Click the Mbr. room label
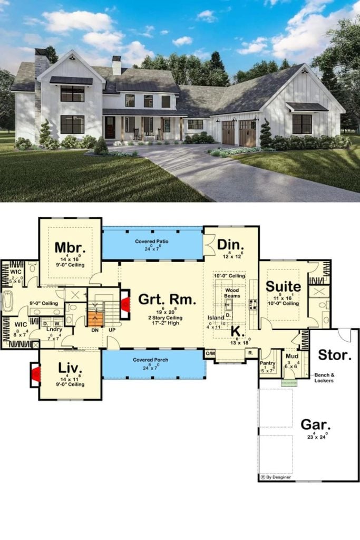(x=67, y=247)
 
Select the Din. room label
(x=231, y=245)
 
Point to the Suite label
(x=283, y=287)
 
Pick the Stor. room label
(x=334, y=355)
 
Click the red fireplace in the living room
(x=36, y=375)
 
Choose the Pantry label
(x=268, y=363)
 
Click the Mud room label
(x=291, y=356)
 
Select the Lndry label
(x=54, y=330)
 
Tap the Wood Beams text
(x=232, y=294)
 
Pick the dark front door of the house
(x=110, y=127)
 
